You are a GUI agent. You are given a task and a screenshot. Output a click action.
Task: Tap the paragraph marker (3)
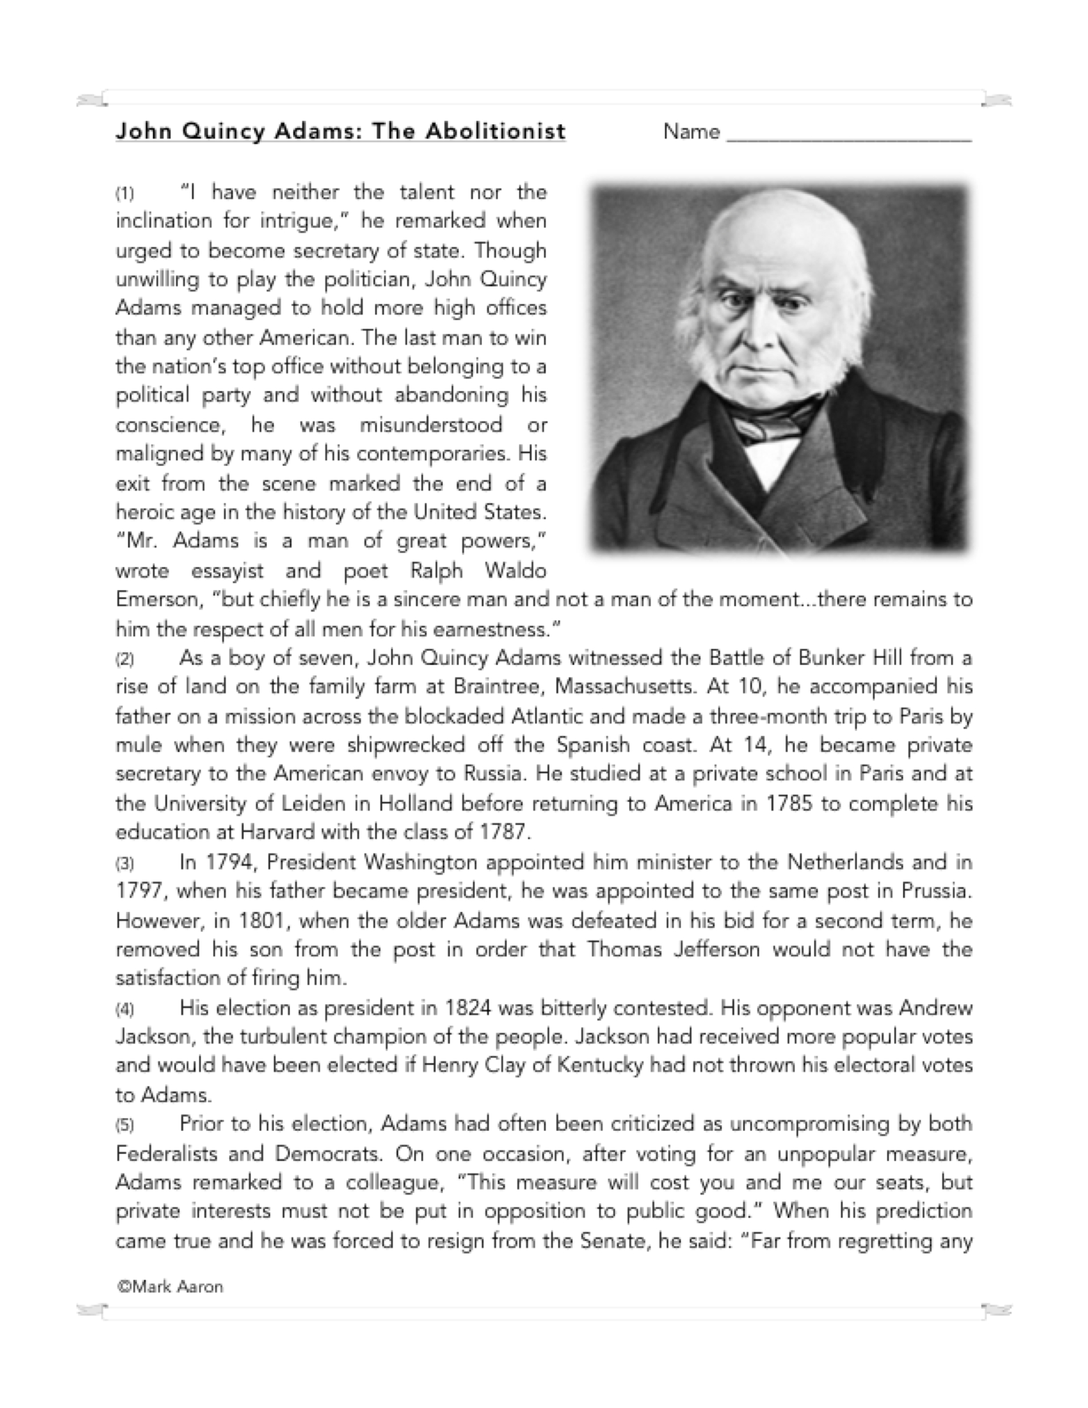click(x=124, y=864)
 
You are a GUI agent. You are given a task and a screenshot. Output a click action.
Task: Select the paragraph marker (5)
click(x=124, y=1125)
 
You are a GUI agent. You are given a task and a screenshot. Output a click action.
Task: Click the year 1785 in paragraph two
click(x=789, y=804)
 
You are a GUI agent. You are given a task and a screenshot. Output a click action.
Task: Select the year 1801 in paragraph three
click(x=261, y=921)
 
